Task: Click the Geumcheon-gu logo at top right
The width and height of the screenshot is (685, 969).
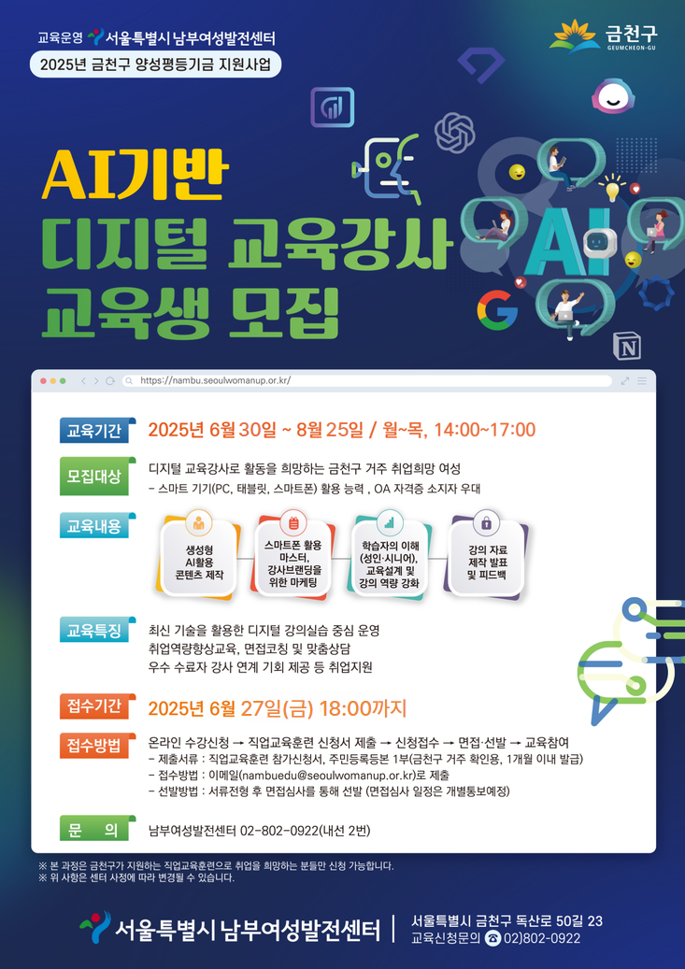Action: [x=603, y=36]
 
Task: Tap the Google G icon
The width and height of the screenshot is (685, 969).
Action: [x=497, y=308]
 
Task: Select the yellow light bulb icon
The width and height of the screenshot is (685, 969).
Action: [x=612, y=187]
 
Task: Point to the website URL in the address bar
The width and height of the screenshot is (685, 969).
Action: [x=215, y=380]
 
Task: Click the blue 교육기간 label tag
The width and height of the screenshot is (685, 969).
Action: [x=94, y=430]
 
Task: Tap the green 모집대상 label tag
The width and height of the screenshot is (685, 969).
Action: [x=94, y=477]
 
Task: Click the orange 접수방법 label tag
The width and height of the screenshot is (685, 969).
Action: [x=94, y=746]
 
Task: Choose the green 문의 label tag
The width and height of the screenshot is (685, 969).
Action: [x=94, y=830]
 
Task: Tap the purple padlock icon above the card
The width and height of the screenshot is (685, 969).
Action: [x=487, y=523]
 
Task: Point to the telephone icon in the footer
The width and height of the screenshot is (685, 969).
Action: [x=492, y=938]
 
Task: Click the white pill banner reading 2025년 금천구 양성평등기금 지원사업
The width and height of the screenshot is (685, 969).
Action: [x=155, y=64]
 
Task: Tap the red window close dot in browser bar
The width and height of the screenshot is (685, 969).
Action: [x=43, y=380]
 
